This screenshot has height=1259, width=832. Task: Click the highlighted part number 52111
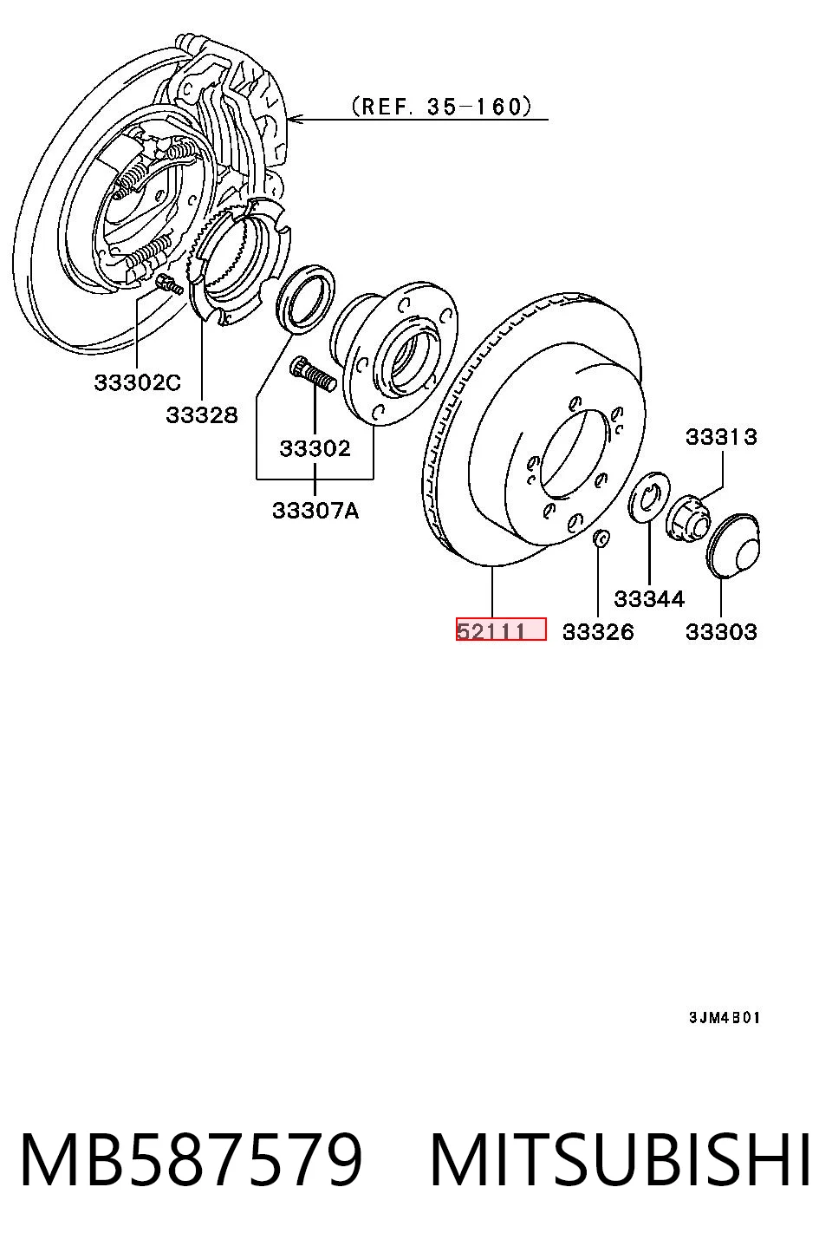click(x=491, y=631)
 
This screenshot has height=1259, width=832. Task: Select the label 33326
click(x=598, y=632)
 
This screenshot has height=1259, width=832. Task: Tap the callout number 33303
click(x=721, y=632)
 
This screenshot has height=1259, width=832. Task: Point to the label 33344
click(x=649, y=599)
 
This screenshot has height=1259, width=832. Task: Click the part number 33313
click(x=721, y=437)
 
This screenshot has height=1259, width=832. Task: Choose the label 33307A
click(x=315, y=511)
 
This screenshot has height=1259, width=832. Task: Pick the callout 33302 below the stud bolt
click(x=315, y=448)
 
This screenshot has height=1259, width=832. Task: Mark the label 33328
click(x=202, y=415)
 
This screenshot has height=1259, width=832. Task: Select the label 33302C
click(x=137, y=382)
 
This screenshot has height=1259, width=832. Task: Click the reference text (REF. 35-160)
click(x=441, y=107)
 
